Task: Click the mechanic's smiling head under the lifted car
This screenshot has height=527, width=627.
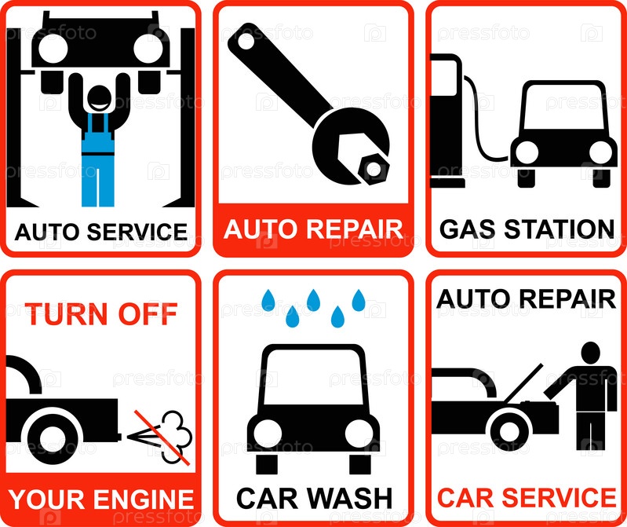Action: click(99, 100)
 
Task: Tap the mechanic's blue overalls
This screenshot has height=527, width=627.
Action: click(98, 160)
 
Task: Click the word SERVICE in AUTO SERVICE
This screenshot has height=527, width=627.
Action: click(137, 232)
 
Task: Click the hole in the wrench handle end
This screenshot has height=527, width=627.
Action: click(246, 42)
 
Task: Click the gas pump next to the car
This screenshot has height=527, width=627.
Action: click(446, 121)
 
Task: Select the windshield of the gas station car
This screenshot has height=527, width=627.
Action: click(564, 108)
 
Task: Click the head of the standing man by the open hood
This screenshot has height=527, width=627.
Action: click(590, 353)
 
